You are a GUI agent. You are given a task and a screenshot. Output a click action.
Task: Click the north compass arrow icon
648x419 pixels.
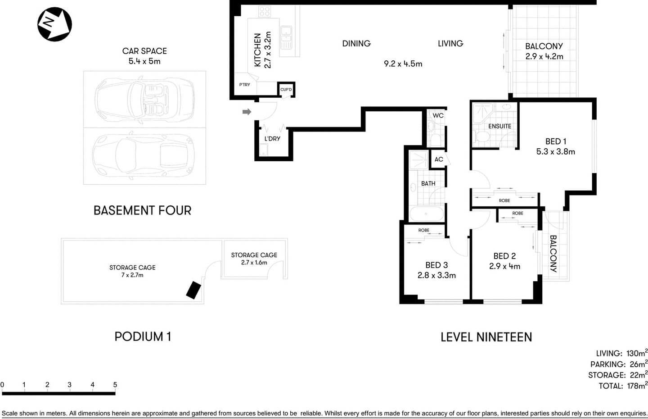click(54, 24)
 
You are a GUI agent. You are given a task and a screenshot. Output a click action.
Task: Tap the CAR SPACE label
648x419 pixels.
click(144, 51)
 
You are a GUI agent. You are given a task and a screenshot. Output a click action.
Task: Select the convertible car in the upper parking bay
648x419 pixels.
click(144, 99)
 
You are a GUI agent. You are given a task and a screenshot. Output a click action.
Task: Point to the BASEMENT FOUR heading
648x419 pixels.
click(142, 210)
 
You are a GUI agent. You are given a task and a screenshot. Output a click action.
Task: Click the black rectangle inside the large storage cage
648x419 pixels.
click(194, 290)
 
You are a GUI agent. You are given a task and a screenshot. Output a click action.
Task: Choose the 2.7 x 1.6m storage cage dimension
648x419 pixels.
click(254, 263)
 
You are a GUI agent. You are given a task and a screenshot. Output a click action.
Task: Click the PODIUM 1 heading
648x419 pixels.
click(143, 337)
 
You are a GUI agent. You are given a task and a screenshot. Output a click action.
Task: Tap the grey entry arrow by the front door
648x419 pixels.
click(247, 112)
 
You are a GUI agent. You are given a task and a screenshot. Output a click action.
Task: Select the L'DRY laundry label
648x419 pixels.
click(272, 139)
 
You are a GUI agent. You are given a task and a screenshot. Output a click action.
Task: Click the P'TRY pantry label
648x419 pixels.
click(244, 85)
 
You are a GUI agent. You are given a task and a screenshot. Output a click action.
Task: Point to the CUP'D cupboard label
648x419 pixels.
click(286, 90)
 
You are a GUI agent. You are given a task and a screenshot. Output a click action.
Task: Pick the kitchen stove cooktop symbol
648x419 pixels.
click(265, 12)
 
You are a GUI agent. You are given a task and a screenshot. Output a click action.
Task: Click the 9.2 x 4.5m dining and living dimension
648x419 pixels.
click(403, 64)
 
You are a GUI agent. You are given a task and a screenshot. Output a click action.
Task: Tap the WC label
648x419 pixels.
click(438, 115)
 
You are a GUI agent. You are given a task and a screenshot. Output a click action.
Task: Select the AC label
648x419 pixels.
click(439, 159)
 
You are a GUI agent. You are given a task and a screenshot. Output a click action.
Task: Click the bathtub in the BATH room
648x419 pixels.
click(426, 214)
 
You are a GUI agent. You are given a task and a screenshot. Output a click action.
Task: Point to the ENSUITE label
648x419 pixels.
click(499, 126)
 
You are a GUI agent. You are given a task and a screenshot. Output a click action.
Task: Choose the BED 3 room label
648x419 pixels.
click(436, 265)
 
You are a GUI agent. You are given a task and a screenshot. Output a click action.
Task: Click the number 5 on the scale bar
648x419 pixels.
click(115, 385)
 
